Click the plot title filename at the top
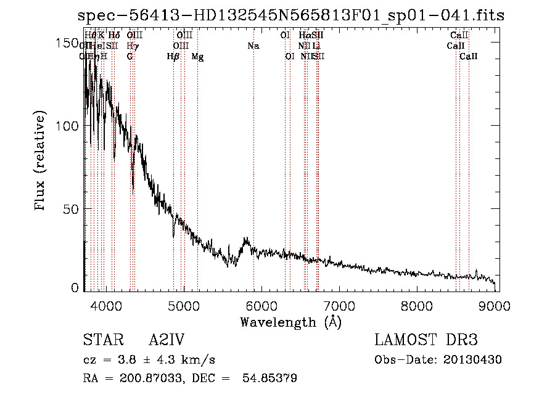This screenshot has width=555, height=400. click(292, 15)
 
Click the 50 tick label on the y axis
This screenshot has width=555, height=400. click(70, 208)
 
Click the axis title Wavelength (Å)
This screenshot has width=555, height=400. click(290, 322)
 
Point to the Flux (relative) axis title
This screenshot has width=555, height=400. click(41, 162)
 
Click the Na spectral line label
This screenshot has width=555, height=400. click(253, 46)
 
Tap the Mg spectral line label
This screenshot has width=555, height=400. click(197, 57)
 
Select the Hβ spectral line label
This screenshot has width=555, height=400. click(173, 57)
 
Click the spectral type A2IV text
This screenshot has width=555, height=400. click(166, 340)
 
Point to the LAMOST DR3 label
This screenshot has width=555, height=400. click(425, 340)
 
